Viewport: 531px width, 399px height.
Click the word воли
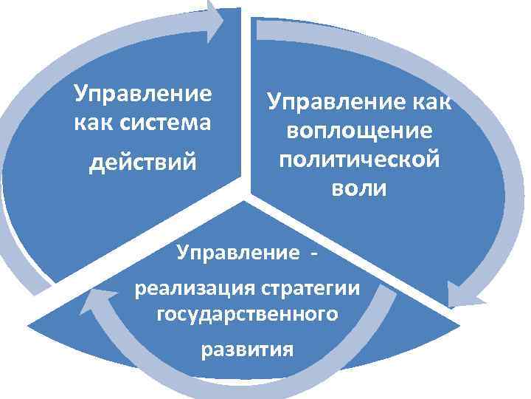359,188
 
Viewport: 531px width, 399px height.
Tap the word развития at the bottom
248,349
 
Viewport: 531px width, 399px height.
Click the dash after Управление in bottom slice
316,254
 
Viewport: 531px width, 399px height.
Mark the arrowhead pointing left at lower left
99,299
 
